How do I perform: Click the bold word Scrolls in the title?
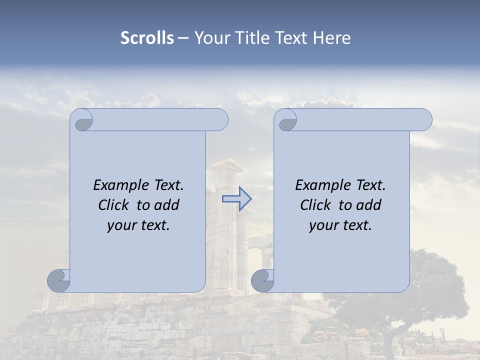coord(147,38)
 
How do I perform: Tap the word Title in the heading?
coord(250,38)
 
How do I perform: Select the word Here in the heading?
coord(332,38)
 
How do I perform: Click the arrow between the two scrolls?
coord(236,199)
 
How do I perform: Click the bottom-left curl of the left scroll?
coord(58,280)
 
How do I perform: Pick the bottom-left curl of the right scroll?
coord(262,280)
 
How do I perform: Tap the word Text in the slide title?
coord(292,38)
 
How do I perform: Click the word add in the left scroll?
coord(167,205)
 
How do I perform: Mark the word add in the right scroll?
coord(369,205)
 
